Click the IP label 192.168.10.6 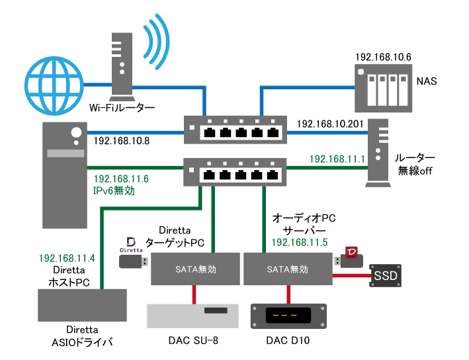[x=383, y=58]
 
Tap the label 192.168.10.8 [x=121, y=140]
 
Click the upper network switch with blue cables [x=235, y=130]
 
